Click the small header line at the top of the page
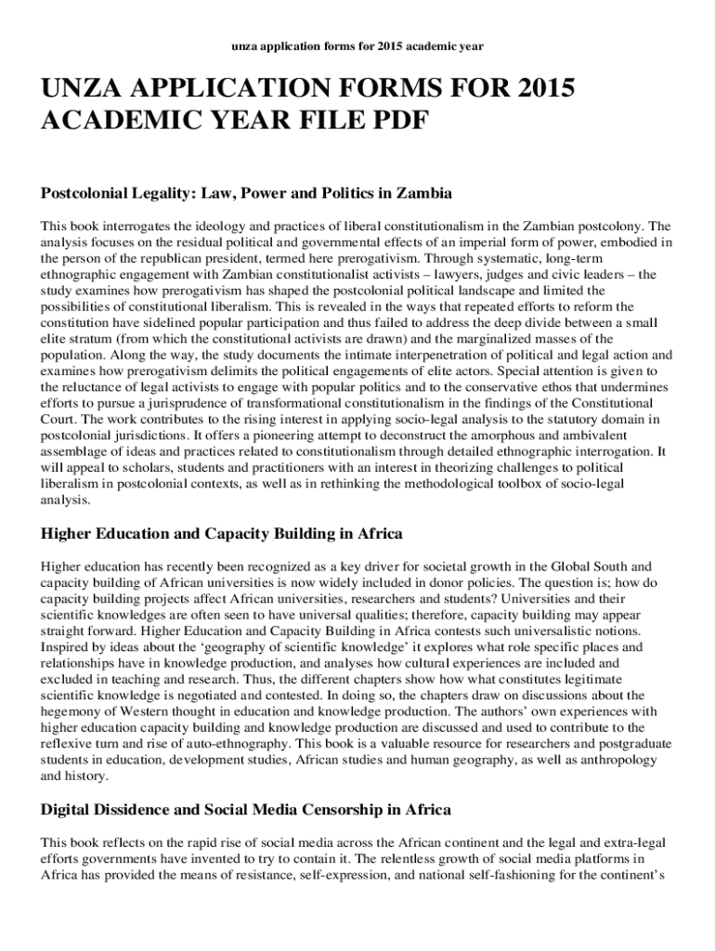tap(357, 46)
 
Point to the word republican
tap(145, 258)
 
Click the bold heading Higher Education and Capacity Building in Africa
tap(221, 534)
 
